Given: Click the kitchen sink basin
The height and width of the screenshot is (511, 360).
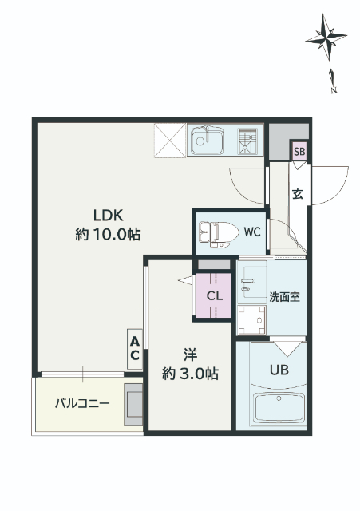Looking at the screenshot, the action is (x=208, y=141).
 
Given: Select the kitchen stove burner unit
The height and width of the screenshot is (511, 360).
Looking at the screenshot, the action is (x=247, y=141).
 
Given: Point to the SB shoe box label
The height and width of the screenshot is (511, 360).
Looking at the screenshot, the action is (x=299, y=152).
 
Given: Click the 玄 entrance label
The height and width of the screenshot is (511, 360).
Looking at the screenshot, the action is (x=297, y=193).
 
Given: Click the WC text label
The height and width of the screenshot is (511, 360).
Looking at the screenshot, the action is (x=252, y=232).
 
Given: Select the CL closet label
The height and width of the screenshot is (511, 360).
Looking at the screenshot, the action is (x=215, y=296).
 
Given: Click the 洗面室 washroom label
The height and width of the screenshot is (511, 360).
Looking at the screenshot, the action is (x=284, y=297).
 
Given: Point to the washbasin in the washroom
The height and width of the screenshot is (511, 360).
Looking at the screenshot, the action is (x=251, y=282).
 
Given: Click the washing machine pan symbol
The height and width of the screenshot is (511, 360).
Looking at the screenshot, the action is (x=251, y=320).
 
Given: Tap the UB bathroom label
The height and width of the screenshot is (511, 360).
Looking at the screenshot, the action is (x=279, y=370).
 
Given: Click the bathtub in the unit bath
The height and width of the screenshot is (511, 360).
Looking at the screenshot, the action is (x=279, y=408).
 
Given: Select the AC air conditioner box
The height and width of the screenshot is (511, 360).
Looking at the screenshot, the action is (x=135, y=349).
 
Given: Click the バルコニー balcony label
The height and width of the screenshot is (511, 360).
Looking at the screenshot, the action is (x=82, y=404).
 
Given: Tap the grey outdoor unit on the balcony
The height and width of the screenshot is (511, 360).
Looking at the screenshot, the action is (x=133, y=405).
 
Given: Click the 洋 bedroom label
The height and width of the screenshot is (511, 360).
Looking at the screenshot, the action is (x=190, y=355).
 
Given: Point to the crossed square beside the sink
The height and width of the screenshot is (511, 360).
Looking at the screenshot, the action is (x=170, y=141).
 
